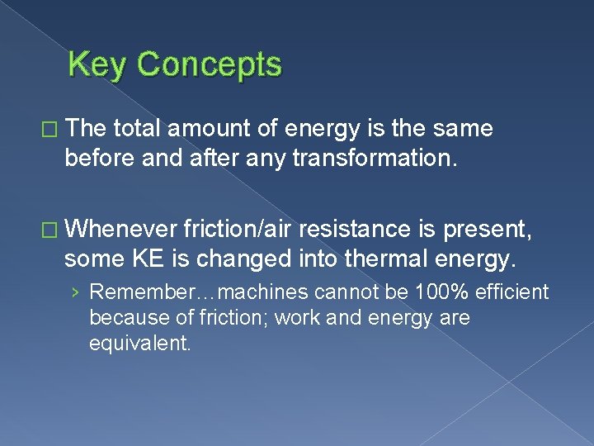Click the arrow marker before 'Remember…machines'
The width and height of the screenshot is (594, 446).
point(76,293)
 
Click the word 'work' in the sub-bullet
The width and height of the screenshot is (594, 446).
point(297,317)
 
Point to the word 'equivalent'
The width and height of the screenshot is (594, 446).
point(139,342)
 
